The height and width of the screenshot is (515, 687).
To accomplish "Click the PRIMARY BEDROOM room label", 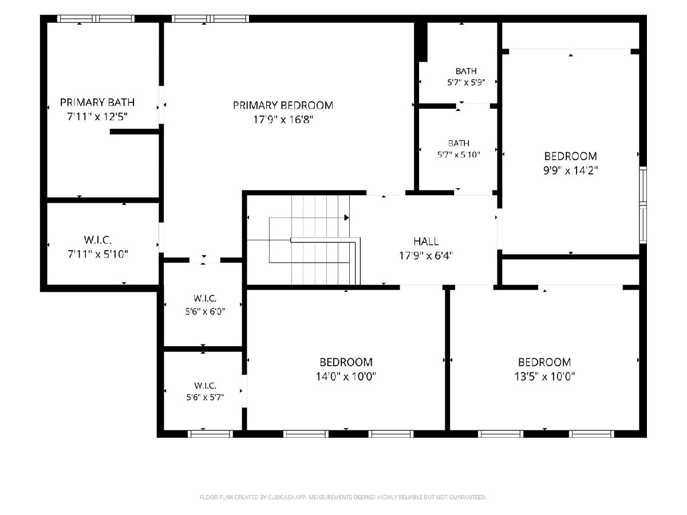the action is point(283,105).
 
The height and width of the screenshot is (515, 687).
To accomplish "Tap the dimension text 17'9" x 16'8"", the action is point(283,120).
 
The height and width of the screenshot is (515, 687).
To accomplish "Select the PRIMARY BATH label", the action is point(97,102).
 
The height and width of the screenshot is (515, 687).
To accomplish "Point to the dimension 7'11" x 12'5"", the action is point(97,117).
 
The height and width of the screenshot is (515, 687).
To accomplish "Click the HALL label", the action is point(426,241).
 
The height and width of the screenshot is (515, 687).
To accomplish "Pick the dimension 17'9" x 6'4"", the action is point(426,256).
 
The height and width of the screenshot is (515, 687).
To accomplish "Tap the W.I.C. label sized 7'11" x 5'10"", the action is point(98,240).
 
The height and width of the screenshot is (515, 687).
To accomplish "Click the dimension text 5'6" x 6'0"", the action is point(205,311).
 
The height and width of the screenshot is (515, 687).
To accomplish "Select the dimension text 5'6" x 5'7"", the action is point(206,397).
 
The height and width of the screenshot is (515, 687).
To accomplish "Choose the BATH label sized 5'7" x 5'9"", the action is point(466,72).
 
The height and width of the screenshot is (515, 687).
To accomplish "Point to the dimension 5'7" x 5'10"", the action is point(459,154).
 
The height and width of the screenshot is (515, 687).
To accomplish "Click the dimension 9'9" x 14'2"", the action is point(571,171).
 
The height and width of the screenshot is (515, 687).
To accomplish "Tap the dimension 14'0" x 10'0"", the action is point(346,377).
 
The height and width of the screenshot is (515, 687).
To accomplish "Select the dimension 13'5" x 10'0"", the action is point(544,377).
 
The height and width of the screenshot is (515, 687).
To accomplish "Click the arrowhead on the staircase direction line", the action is point(347,217).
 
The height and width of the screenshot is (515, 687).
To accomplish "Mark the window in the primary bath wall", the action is point(96,19).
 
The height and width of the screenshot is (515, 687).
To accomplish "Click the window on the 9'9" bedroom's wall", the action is point(643,205).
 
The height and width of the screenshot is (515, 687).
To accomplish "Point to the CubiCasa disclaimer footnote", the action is point(343,497).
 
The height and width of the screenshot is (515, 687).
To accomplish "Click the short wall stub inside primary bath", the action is point(135,132).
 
